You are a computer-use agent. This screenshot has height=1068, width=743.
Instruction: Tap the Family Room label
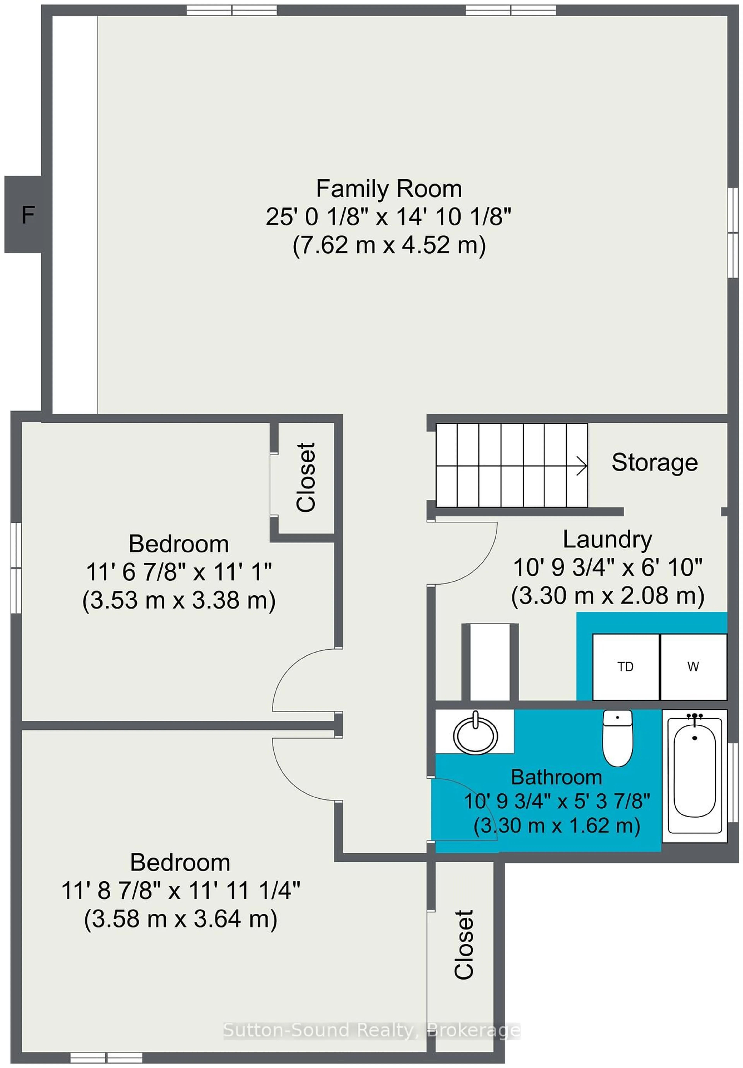pos(389,189)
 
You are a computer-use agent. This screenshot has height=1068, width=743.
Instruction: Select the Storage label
pos(654,462)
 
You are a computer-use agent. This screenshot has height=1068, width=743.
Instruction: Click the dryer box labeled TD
pos(625,667)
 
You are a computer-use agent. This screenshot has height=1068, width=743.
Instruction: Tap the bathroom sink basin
pos(475,735)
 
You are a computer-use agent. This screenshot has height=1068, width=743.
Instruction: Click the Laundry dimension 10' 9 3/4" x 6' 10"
pos(607,568)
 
